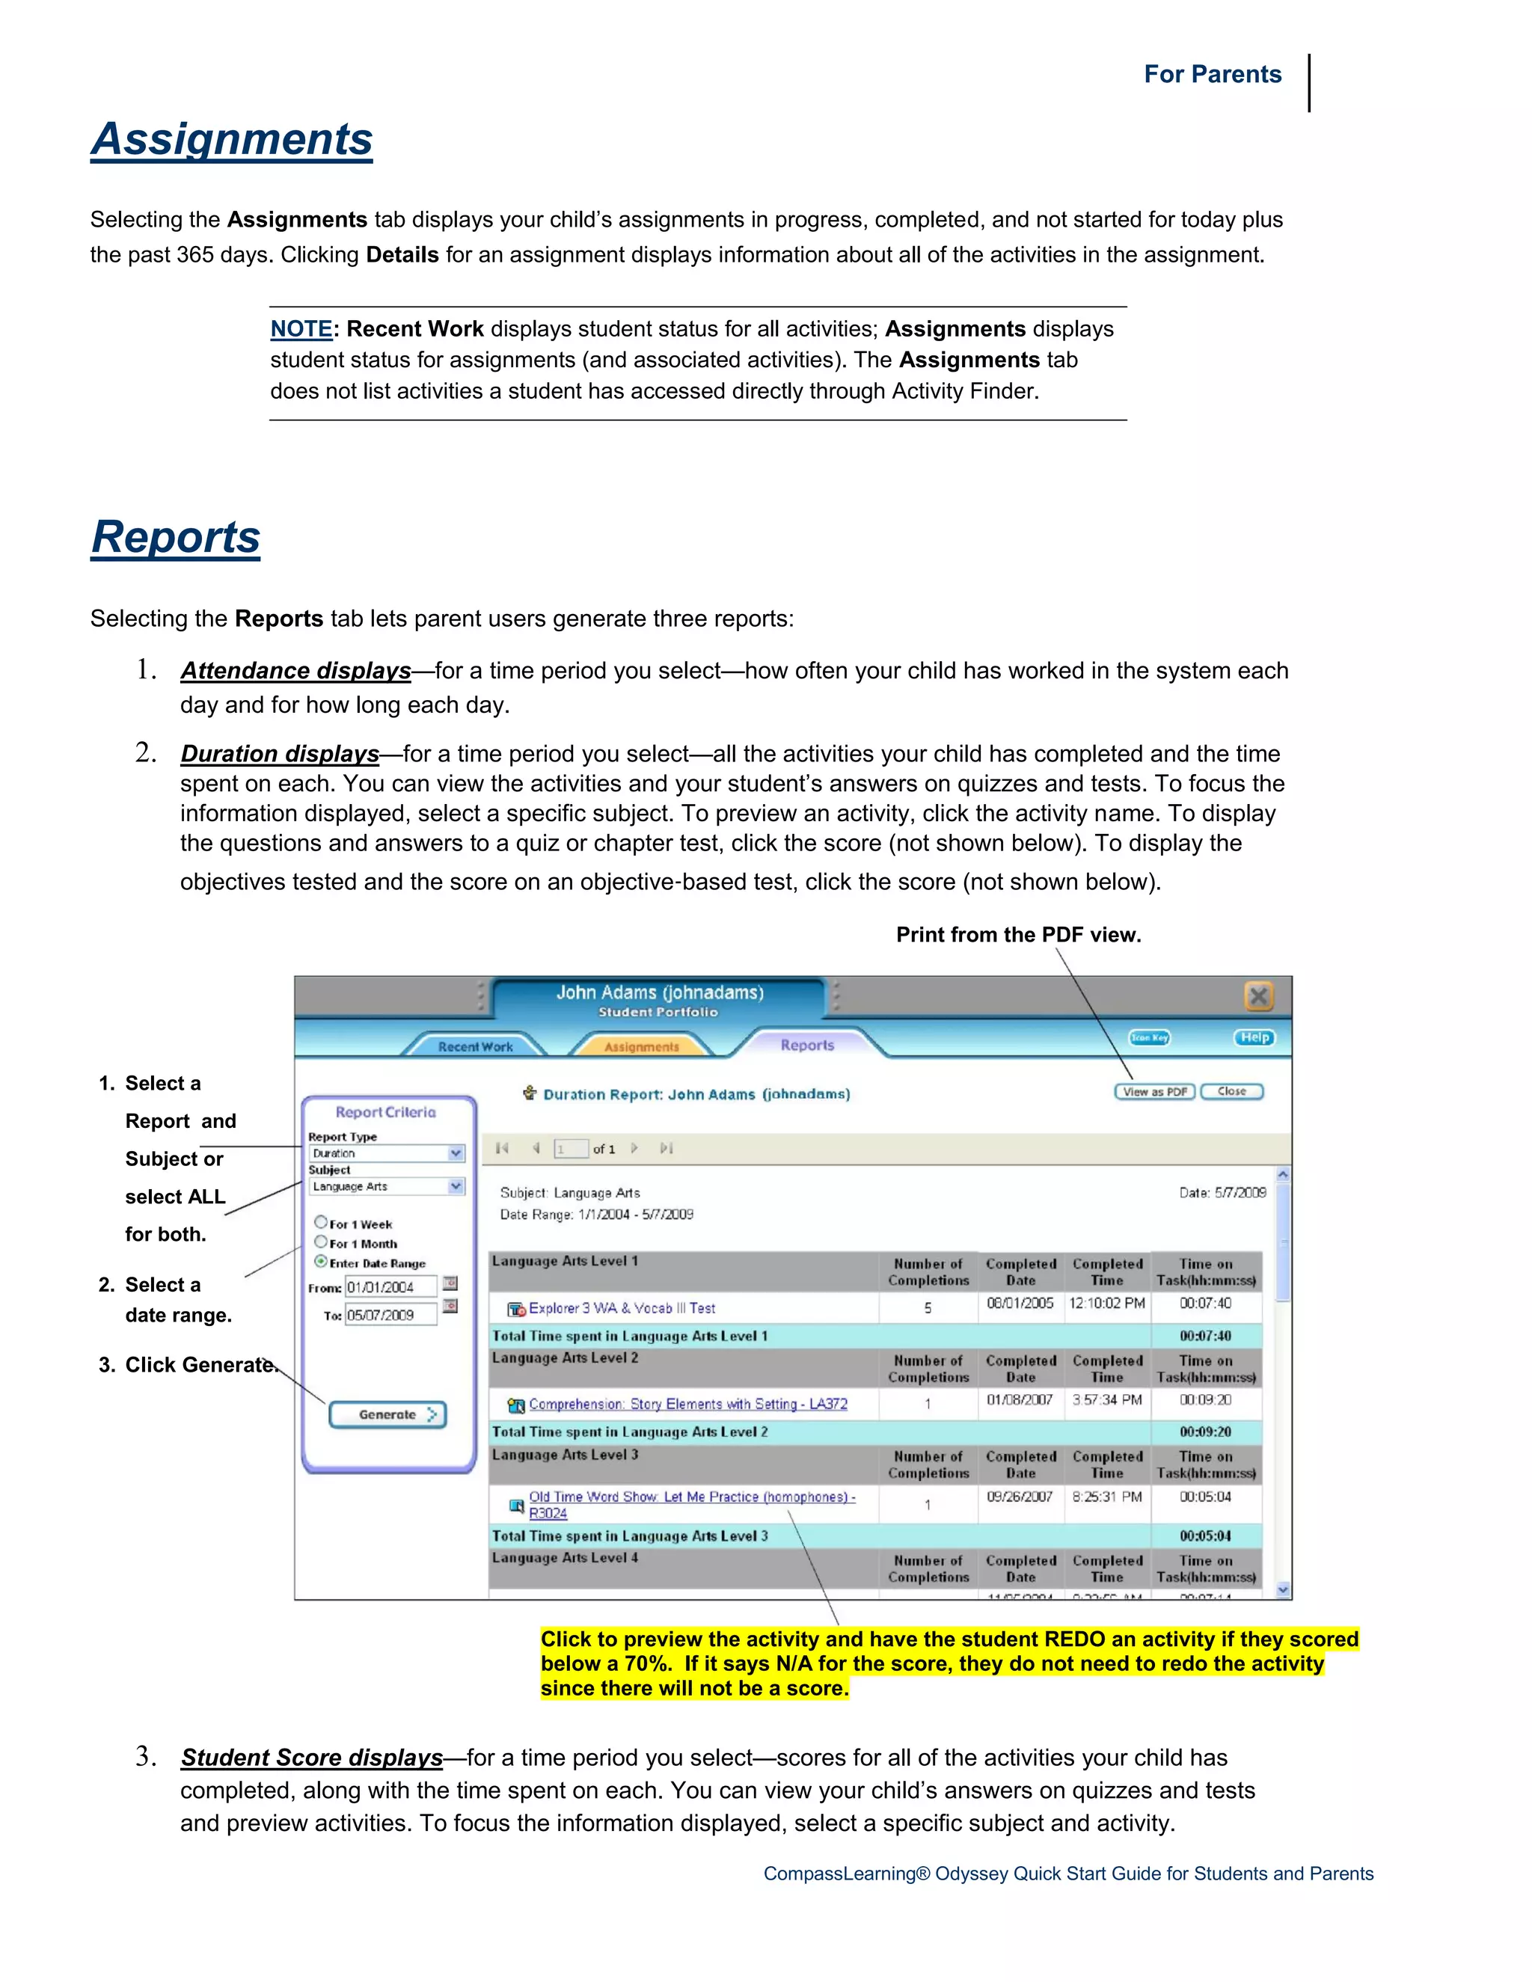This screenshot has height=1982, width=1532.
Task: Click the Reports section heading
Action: [x=175, y=537]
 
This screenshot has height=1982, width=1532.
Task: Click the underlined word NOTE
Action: [x=301, y=328]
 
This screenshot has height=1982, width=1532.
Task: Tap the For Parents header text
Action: [x=1212, y=74]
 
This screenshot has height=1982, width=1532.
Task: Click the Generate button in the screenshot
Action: [x=387, y=1414]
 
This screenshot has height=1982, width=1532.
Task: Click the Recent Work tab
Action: [x=475, y=1046]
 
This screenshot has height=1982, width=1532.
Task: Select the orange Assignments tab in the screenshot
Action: [x=641, y=1046]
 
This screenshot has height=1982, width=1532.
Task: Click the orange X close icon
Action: [x=1258, y=995]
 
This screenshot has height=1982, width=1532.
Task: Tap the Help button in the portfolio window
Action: [x=1254, y=1037]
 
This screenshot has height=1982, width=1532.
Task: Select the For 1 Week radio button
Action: [x=320, y=1222]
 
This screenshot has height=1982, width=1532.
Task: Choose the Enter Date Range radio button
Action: [x=320, y=1262]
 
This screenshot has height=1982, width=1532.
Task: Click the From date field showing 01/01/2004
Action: [x=390, y=1287]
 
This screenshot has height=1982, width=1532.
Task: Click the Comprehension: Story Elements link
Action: [x=688, y=1404]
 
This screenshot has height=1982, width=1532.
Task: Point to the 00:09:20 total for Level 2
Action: [x=1205, y=1432]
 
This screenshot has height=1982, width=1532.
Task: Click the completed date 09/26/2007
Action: [x=1020, y=1497]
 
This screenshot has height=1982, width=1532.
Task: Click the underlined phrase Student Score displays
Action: [x=311, y=1758]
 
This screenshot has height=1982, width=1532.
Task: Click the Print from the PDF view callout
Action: [x=1018, y=935]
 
